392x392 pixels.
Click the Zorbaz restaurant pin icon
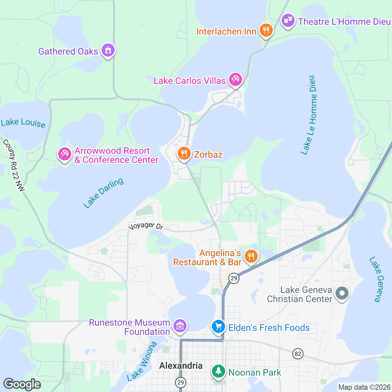pos(184,154)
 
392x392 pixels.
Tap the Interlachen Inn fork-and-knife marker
pos(266,30)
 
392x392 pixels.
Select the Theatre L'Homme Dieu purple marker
pos(288,21)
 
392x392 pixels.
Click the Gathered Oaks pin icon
pos(108,50)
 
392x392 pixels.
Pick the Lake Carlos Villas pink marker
pos(235,80)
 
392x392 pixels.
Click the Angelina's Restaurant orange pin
pos(251,256)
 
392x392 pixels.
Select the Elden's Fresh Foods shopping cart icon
pos(218,327)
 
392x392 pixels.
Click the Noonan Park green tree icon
pos(218,371)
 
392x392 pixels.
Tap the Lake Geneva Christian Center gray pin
pos(342,293)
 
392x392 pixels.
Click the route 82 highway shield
pos(298,354)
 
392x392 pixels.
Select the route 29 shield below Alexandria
pos(180,382)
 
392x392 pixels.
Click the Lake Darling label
pos(104,193)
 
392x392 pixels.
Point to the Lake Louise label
pos(23,123)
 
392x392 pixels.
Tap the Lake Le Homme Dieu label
pos(309,115)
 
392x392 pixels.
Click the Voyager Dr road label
pos(146,226)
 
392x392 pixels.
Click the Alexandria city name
pos(181,366)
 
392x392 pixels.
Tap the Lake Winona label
pos(142,361)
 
